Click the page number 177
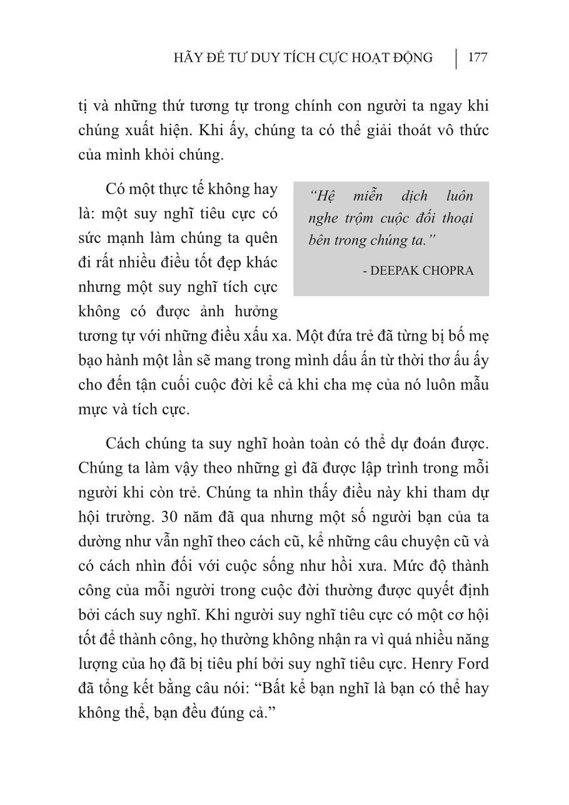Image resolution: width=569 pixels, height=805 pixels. [477, 58]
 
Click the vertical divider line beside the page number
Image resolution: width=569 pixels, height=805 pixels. [456, 58]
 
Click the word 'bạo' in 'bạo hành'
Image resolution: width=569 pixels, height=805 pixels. [91, 359]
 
